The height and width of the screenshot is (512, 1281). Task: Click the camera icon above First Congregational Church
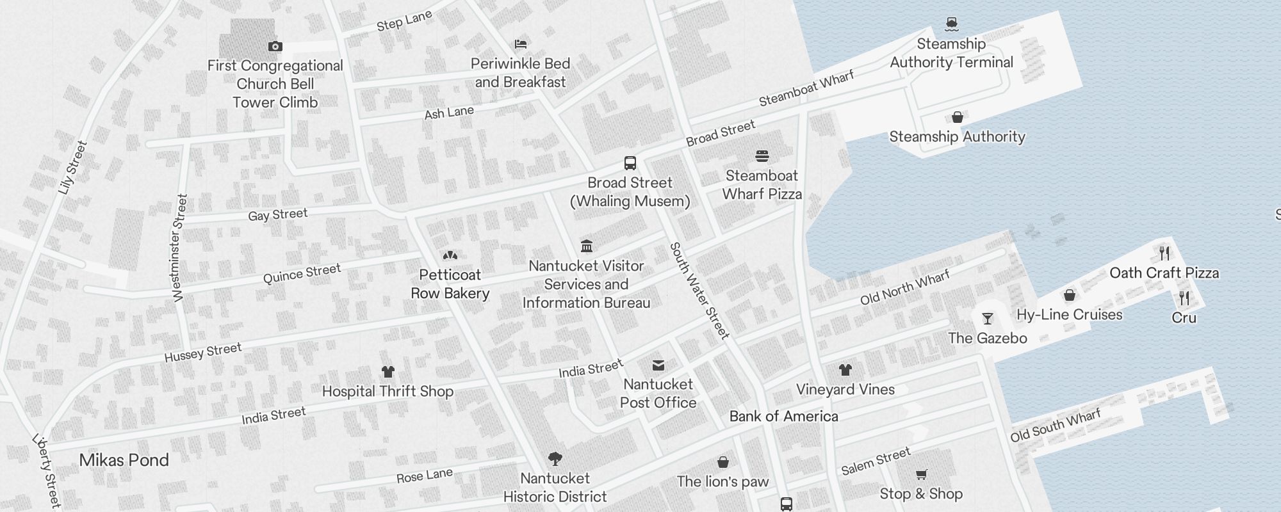(x=275, y=46)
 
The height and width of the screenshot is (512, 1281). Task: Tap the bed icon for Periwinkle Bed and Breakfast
(x=521, y=44)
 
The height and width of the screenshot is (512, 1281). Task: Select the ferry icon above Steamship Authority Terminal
(x=952, y=24)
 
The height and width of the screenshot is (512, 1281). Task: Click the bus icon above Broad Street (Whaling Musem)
(x=630, y=163)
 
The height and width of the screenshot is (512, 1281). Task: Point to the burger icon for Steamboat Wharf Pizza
(x=762, y=156)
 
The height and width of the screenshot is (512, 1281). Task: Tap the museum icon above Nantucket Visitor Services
(x=586, y=246)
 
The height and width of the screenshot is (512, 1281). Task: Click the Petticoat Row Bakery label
(x=450, y=284)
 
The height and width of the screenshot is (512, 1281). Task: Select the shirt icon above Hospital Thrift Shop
(x=388, y=372)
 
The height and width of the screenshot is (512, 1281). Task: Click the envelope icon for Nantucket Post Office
(x=658, y=365)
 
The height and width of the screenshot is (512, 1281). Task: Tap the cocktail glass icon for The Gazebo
(x=988, y=319)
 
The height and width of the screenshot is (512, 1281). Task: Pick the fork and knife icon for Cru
(x=1184, y=298)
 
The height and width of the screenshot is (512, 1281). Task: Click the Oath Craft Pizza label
(x=1164, y=273)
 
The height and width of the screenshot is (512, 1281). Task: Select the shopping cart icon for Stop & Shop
(x=921, y=474)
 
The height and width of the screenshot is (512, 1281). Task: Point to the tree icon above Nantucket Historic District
(x=555, y=458)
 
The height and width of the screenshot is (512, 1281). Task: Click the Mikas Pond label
(x=124, y=460)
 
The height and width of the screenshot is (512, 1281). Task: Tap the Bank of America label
(x=783, y=417)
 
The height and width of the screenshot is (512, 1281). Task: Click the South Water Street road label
(x=699, y=291)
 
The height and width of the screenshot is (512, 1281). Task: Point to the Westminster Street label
(x=179, y=248)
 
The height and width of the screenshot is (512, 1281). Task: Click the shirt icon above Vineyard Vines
(x=845, y=370)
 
